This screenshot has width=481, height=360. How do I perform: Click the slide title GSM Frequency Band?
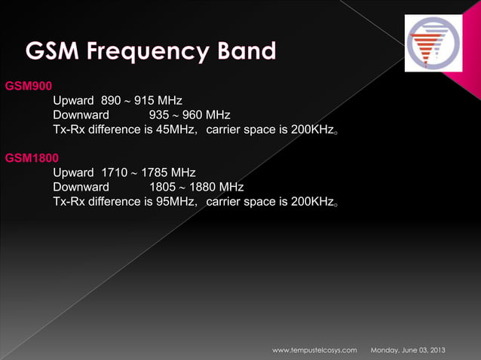(x=151, y=52)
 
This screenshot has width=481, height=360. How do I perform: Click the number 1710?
(x=115, y=172)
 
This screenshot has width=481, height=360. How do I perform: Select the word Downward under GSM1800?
(x=81, y=187)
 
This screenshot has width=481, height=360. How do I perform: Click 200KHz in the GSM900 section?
(x=311, y=130)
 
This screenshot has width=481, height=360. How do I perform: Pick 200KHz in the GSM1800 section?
(x=311, y=201)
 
